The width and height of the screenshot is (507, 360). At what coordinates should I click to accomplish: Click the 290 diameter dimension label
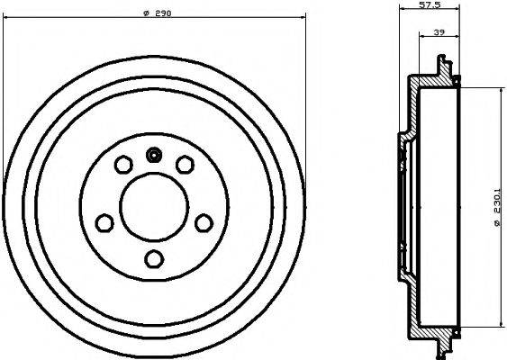tap(158, 13)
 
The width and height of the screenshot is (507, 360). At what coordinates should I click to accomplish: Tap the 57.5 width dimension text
tap(430, 4)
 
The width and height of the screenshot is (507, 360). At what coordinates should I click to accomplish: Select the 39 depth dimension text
tap(439, 32)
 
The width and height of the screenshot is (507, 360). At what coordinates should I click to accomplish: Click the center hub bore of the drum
tap(154, 207)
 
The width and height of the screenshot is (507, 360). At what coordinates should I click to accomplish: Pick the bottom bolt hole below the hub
tap(154, 259)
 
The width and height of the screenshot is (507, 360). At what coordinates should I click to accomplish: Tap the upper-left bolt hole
tap(123, 164)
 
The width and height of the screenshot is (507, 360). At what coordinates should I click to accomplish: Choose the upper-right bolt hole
tap(185, 164)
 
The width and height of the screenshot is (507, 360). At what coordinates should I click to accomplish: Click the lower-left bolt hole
tap(104, 222)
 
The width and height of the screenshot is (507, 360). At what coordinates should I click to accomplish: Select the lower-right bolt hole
tap(204, 222)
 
